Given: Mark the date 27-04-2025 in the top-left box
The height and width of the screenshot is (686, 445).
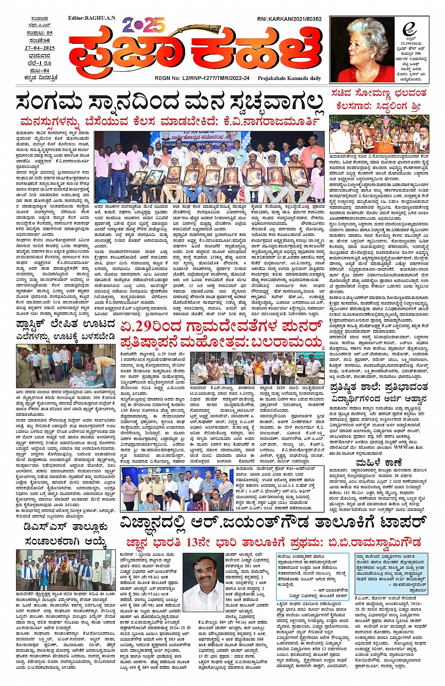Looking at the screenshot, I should pos(40,48).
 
